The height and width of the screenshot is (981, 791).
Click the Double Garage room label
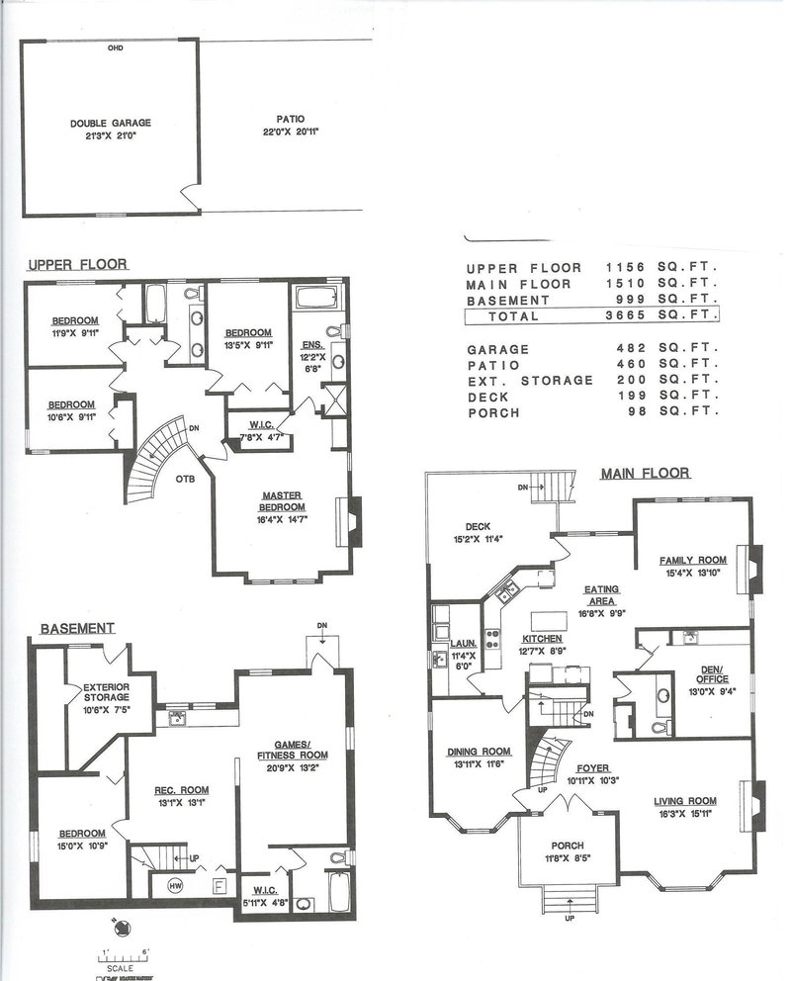[110, 124]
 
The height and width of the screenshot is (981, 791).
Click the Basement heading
[77, 628]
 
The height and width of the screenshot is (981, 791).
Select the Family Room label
[693, 561]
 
